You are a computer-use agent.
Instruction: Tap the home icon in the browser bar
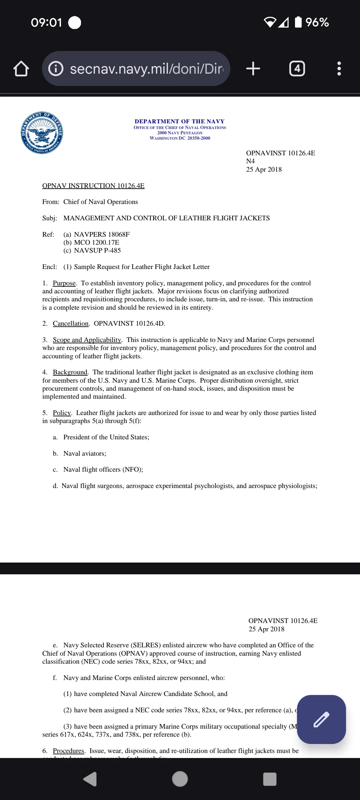pos(21,69)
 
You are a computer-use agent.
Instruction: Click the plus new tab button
pos(253,69)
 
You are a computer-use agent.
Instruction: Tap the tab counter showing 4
pos(297,69)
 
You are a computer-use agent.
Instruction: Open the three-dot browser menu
pos(339,69)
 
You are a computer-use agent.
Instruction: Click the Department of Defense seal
pos(42,133)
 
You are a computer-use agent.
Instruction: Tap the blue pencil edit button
pos(321,719)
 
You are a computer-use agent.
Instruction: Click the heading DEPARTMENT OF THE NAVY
pos(180,121)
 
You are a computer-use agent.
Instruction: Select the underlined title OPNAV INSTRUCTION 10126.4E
pos(93,186)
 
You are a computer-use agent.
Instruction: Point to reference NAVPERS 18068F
pos(102,234)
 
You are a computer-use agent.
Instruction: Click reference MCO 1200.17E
pos(96,242)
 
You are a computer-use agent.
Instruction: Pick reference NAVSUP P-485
pos(97,250)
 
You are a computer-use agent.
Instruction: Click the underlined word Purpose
pos(64,283)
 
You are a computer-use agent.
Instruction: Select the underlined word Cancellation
pos(71,323)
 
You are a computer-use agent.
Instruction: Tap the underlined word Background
pos(70,372)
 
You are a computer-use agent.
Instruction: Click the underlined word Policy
pos(62,413)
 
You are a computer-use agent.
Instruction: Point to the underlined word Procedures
pos(69,751)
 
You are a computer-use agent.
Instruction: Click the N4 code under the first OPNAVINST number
pos(250,161)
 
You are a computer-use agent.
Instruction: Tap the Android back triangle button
pos(90,779)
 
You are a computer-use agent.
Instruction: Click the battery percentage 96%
pos(317,22)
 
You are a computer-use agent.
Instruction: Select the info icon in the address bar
pos(56,69)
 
